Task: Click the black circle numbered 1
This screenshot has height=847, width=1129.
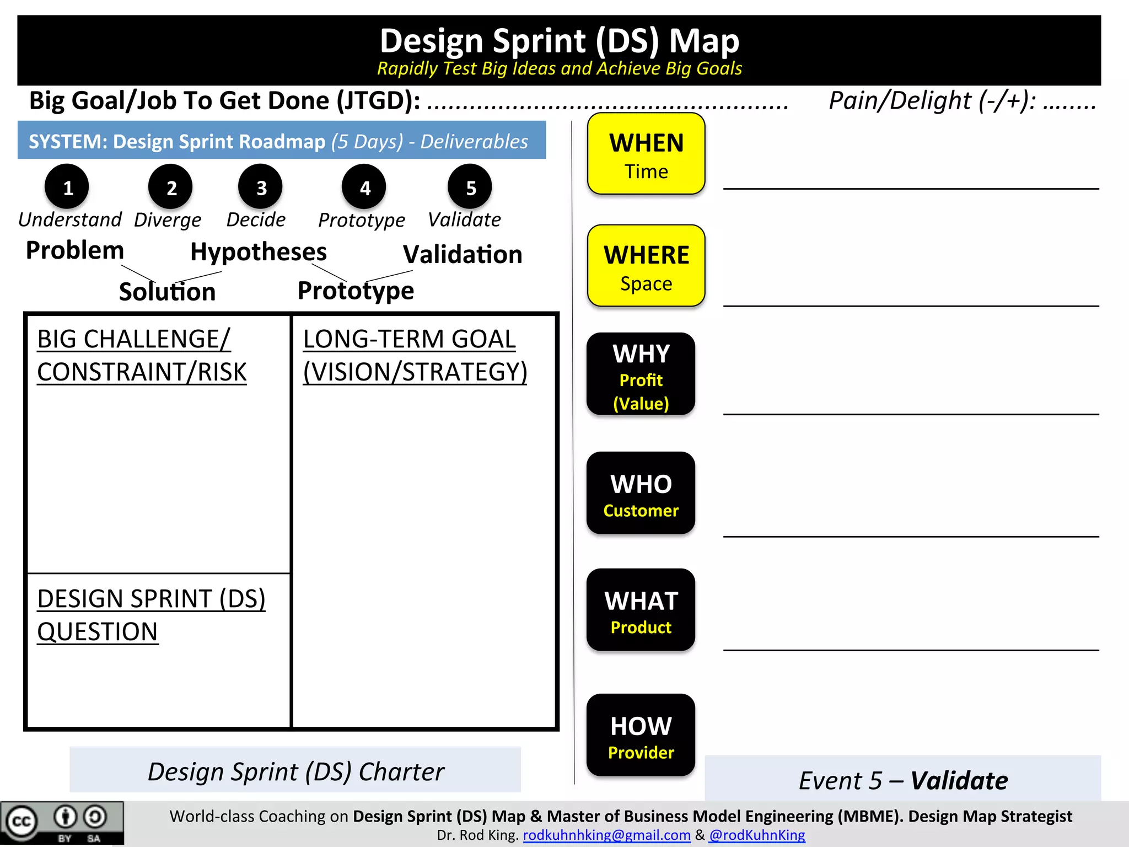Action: [67, 187]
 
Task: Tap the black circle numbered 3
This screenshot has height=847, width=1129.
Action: [261, 187]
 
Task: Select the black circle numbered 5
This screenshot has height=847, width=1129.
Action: [470, 187]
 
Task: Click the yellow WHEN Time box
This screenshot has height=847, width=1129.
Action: [646, 154]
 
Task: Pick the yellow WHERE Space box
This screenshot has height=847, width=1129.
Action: [646, 266]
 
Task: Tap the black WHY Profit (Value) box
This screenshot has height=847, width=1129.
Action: [641, 374]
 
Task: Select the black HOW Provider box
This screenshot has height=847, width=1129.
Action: [641, 736]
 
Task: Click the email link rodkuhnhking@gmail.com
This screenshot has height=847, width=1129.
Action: [606, 835]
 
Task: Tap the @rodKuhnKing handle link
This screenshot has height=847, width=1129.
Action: [757, 835]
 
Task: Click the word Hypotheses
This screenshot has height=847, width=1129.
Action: [259, 252]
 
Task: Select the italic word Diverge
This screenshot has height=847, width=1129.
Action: [168, 220]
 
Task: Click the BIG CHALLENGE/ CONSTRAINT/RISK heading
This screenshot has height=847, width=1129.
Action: [142, 356]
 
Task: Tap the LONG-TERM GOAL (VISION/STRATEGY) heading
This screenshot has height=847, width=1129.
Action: [415, 356]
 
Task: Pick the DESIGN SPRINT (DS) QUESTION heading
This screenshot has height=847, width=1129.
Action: [151, 615]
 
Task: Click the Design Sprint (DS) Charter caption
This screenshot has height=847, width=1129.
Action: [295, 771]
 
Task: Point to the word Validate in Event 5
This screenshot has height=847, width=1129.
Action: [959, 780]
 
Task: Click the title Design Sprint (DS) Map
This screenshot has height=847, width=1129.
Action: [559, 41]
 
